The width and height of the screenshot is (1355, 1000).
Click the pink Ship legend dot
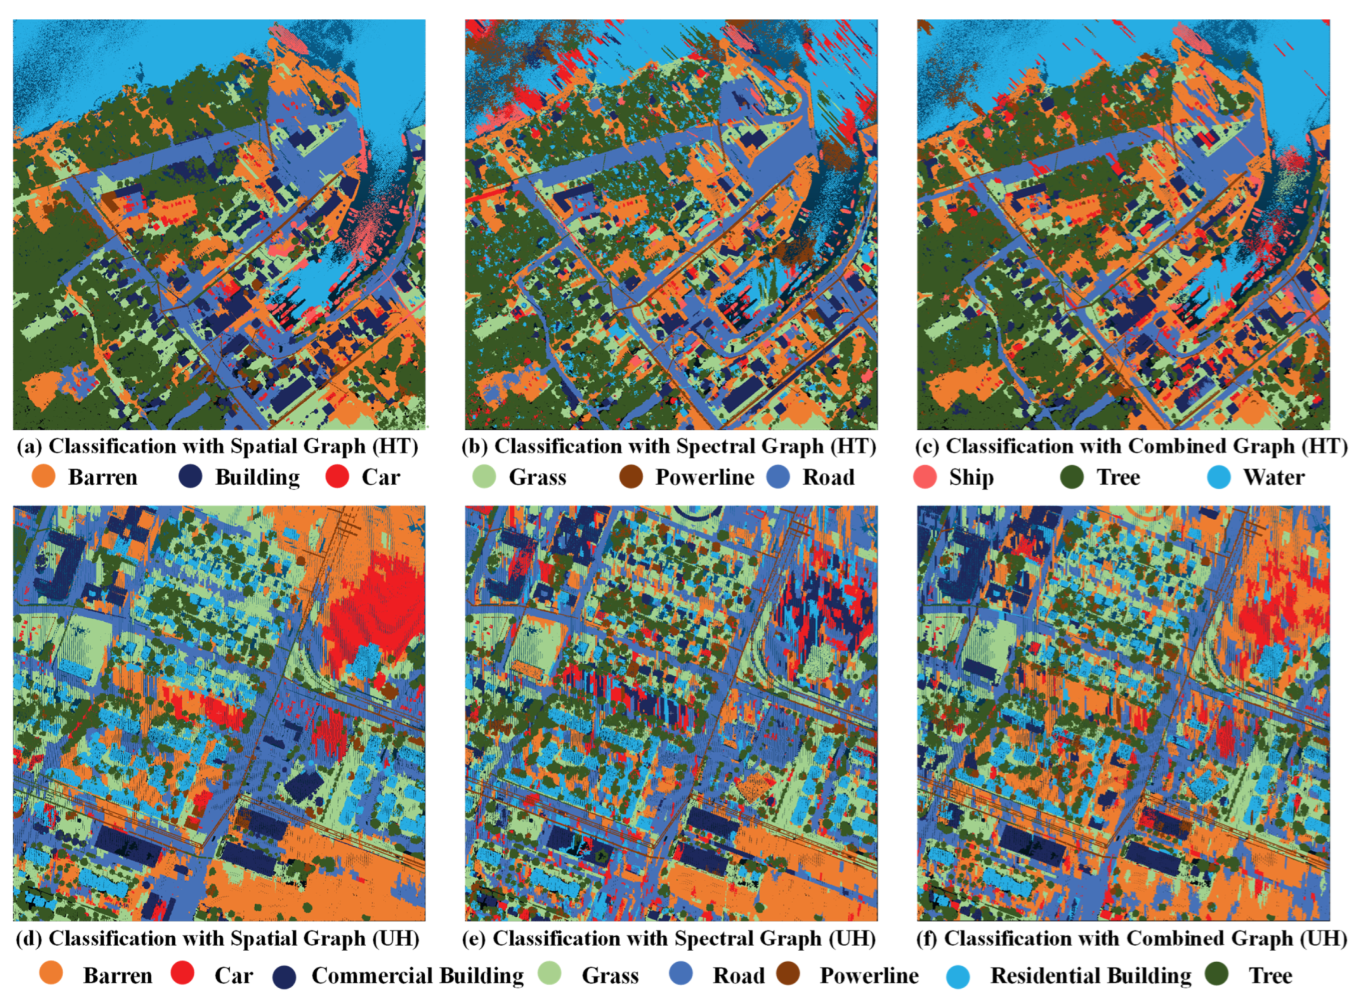point(925,477)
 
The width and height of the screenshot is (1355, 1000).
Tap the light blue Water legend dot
point(1219,477)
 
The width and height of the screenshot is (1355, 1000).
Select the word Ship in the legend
point(971,477)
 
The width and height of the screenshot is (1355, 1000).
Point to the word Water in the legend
point(1273,477)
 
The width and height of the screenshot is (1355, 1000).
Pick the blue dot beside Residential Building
point(957,976)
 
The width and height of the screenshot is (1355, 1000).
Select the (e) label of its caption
point(475,939)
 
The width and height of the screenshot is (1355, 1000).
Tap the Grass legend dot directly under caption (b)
point(484,477)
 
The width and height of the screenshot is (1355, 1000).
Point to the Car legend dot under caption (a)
point(337,477)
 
